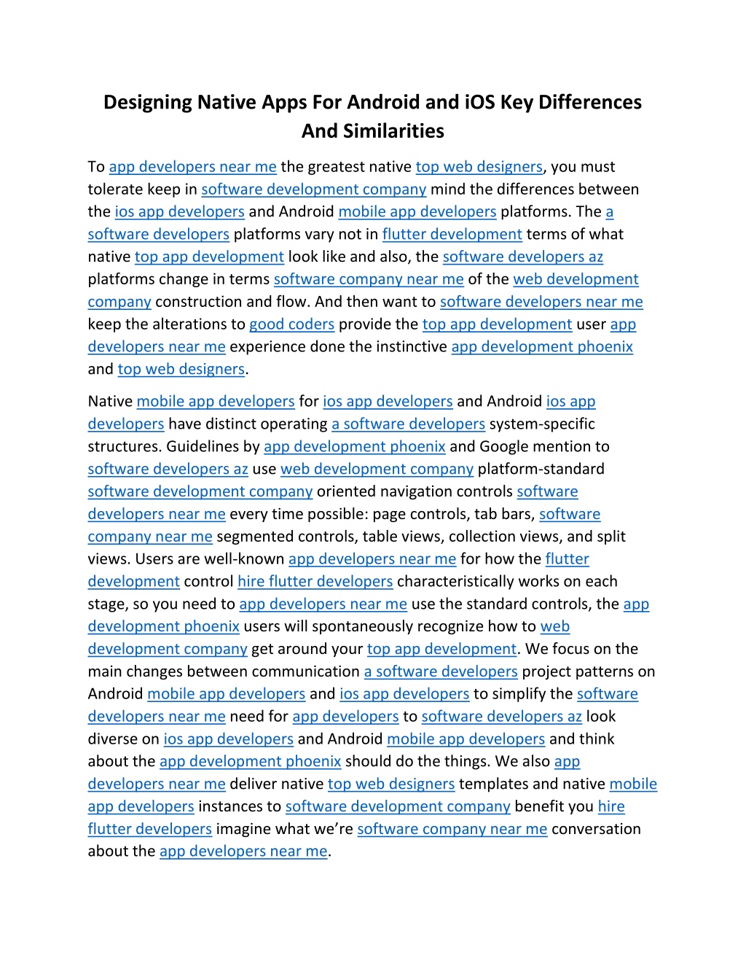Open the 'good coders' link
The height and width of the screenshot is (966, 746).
click(291, 324)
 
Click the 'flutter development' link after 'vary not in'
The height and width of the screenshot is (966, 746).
click(452, 234)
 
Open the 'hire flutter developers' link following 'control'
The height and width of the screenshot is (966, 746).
click(315, 582)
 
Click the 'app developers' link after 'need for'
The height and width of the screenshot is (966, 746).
click(345, 717)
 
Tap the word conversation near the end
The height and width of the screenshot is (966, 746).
click(596, 830)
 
